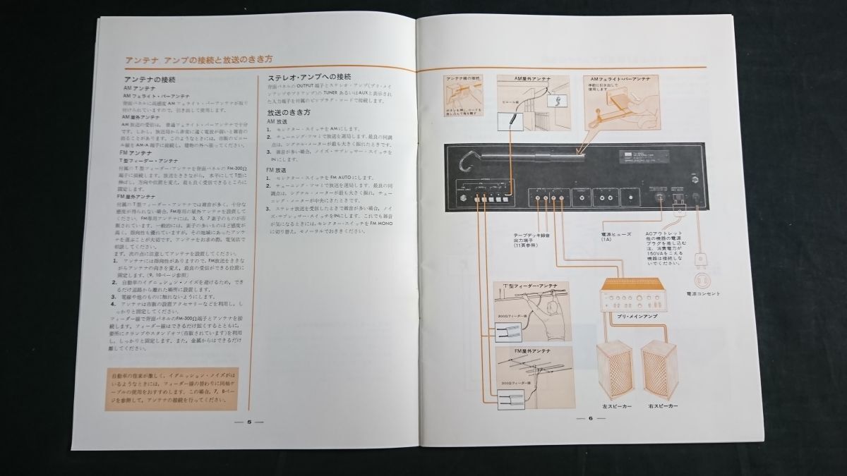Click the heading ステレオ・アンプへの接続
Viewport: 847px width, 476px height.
(x=309, y=77)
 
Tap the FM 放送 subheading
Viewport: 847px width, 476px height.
(x=278, y=170)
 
